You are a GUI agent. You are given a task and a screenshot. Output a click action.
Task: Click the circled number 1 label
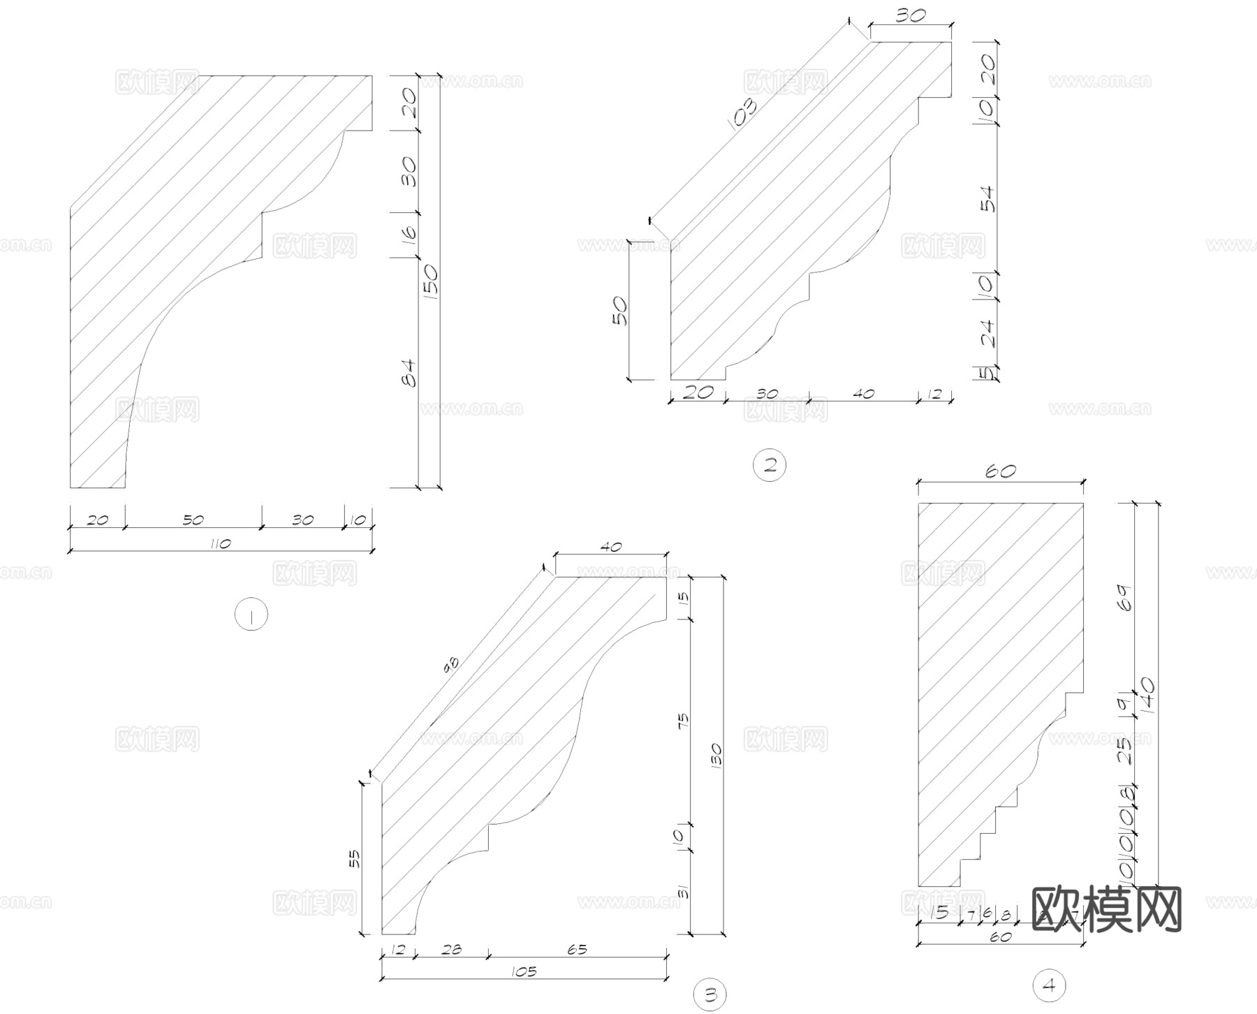tap(251, 615)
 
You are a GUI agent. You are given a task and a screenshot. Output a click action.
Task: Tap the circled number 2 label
tap(770, 465)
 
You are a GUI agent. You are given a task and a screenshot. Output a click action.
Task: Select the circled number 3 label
tap(710, 994)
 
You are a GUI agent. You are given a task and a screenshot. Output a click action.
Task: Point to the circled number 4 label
tap(1049, 985)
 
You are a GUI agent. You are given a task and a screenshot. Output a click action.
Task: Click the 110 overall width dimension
tap(220, 543)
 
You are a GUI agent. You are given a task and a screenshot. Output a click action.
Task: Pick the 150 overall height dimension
tap(430, 281)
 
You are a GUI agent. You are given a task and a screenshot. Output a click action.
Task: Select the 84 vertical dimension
tap(409, 373)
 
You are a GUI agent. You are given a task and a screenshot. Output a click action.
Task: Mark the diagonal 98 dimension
tap(452, 666)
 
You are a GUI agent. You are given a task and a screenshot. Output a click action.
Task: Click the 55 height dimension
tap(353, 858)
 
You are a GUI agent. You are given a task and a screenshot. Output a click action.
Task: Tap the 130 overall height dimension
tap(715, 756)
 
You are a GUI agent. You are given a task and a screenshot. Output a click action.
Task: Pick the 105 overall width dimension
tap(523, 971)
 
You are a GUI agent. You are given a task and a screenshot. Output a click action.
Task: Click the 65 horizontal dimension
tap(577, 949)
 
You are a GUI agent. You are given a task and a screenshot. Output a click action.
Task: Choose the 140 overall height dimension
tap(1147, 696)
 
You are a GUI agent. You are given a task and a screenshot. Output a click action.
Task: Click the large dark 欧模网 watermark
tap(1106, 909)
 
